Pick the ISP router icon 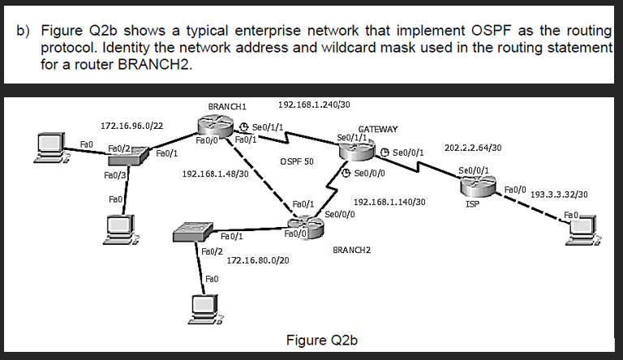[475, 189]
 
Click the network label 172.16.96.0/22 [131, 126]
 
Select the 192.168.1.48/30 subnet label [215, 174]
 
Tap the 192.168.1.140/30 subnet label [389, 201]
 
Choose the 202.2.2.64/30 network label [473, 148]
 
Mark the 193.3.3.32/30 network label [558, 195]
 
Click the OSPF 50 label [296, 161]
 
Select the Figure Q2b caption [322, 339]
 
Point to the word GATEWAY [378, 129]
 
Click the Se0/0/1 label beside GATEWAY [407, 152]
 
